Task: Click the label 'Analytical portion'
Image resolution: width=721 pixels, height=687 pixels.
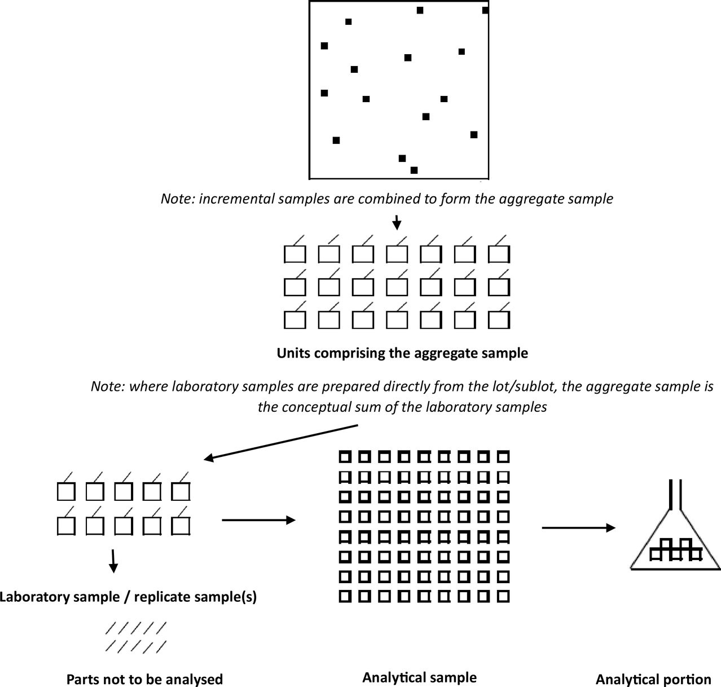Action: pos(653,680)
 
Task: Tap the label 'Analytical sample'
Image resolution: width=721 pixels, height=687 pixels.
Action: pos(419,677)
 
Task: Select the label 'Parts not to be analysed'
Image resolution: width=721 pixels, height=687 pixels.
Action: pos(144,679)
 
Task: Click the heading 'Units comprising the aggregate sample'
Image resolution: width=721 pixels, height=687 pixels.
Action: pos(402,354)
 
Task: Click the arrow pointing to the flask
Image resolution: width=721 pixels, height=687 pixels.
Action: pos(578,528)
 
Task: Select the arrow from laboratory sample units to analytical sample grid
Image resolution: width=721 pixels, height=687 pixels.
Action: pos(259,520)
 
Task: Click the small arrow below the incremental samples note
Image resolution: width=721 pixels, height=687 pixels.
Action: pos(397,222)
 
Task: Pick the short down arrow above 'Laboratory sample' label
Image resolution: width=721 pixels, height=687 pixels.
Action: pos(113,561)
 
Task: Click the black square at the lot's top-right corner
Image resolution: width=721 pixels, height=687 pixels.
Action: pos(485,10)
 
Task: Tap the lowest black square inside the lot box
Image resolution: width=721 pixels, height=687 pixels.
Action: pos(414,170)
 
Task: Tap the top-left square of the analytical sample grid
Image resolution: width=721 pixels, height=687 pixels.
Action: pos(345,456)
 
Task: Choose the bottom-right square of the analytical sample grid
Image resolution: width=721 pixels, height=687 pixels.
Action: pos(502,596)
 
